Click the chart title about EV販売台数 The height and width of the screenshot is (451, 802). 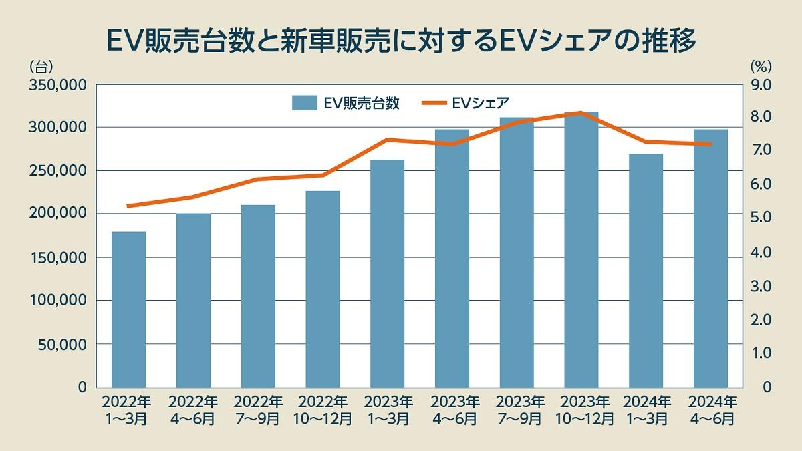click(x=401, y=40)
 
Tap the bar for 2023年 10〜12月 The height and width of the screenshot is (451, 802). click(x=581, y=250)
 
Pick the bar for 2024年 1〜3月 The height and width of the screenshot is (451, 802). click(x=646, y=271)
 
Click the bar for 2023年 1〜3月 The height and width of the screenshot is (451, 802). click(x=387, y=274)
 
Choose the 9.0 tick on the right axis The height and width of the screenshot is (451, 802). click(x=762, y=85)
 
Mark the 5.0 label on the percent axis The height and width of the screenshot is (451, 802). click(x=762, y=218)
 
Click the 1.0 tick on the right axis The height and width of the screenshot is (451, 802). click(x=762, y=353)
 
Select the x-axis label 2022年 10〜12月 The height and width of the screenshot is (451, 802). click(x=323, y=410)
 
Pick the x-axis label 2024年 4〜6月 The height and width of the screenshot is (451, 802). click(x=711, y=410)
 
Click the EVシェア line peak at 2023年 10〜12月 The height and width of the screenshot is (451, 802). click(x=581, y=113)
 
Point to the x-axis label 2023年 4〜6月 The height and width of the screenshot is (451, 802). click(x=452, y=410)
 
